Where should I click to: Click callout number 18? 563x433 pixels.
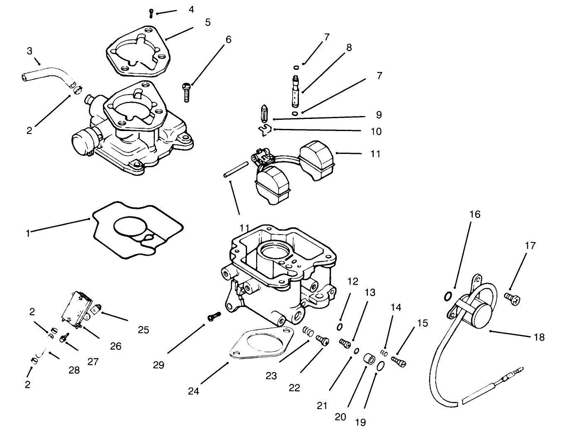tap(539, 337)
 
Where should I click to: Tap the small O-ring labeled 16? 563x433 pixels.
tap(448, 296)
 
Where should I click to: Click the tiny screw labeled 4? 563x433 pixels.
tap(152, 14)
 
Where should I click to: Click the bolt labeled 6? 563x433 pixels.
tap(186, 92)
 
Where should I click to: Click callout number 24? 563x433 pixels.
tap(193, 391)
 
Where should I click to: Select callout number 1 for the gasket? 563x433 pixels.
tap(27, 233)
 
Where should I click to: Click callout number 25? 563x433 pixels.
tap(143, 330)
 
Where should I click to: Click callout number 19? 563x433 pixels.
tap(360, 422)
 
